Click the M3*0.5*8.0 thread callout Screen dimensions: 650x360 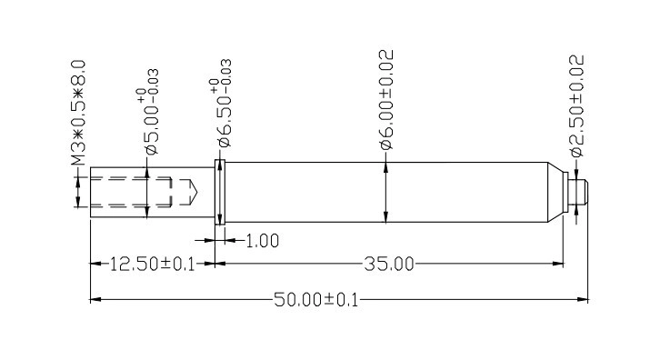[78, 113]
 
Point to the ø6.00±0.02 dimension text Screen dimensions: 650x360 [386, 99]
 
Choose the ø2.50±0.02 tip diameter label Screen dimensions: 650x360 [577, 105]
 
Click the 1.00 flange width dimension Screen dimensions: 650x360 [263, 241]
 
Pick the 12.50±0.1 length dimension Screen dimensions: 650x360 [152, 264]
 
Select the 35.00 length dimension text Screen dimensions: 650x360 [389, 264]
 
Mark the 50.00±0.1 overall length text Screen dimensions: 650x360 [315, 299]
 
